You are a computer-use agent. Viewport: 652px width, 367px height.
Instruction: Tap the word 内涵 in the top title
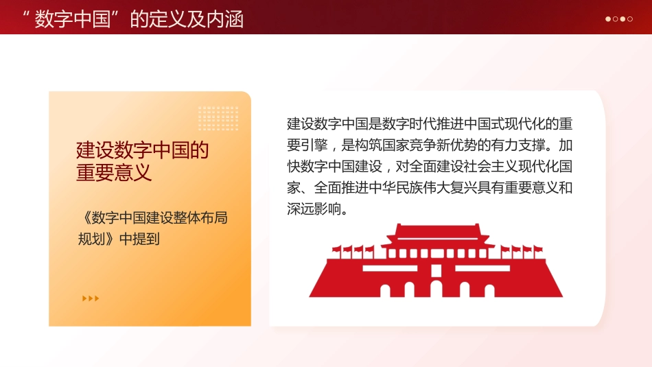click(228, 18)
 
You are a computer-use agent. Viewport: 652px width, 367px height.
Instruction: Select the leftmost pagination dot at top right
click(608, 19)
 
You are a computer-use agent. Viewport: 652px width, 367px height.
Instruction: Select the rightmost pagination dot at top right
click(630, 19)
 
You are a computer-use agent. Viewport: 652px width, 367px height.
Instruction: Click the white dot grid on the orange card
click(218, 118)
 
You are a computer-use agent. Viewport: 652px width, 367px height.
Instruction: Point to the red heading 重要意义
click(114, 172)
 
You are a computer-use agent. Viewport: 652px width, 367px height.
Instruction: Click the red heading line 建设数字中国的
click(142, 150)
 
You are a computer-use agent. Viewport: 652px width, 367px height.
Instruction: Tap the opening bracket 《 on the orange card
click(84, 218)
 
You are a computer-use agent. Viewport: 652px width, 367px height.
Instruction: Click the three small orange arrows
click(91, 298)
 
